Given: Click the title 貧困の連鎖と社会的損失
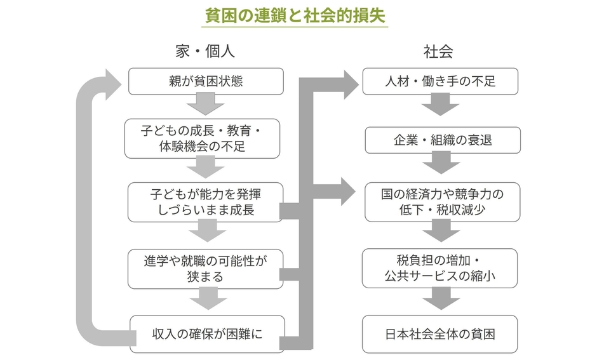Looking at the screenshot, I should tap(296, 17).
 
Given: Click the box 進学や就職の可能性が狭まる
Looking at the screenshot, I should tap(205, 269).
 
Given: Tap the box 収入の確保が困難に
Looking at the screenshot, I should tap(207, 334).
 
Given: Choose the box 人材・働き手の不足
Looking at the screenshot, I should tap(440, 81).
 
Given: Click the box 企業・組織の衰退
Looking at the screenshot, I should tap(443, 140).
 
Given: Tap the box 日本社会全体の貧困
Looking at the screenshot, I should tap(442, 334).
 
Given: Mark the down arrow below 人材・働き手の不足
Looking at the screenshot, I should tap(441, 105).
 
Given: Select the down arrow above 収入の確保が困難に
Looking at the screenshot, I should tap(205, 300).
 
